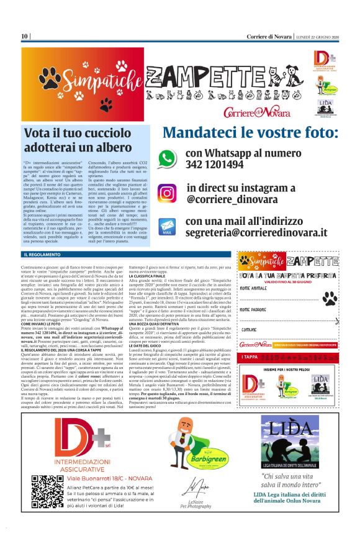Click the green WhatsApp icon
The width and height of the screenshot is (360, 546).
167,158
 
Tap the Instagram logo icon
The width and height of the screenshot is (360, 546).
166,193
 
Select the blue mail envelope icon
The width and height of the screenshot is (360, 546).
167,226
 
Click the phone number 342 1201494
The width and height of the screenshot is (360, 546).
215,165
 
